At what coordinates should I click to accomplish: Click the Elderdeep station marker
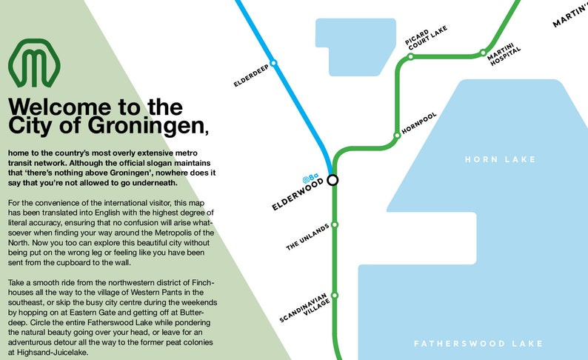[x=274, y=64]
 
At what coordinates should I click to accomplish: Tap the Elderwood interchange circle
[x=333, y=179]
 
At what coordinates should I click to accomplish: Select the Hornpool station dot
[x=396, y=136]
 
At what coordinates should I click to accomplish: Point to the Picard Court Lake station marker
[x=410, y=56]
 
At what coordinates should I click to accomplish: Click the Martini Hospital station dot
[x=483, y=53]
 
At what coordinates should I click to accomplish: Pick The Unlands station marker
[x=335, y=224]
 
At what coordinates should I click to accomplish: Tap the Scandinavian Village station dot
[x=335, y=295]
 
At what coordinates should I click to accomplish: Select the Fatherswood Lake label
[x=478, y=344]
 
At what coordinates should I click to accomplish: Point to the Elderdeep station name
[x=251, y=79]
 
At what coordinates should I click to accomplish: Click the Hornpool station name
[x=419, y=122]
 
